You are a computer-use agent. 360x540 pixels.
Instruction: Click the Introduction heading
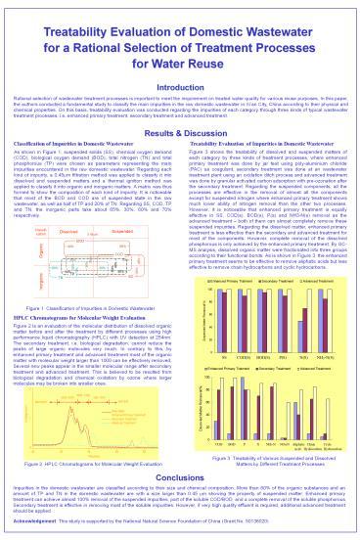pos(180,87)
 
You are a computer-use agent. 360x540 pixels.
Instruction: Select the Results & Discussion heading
pos(180,129)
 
